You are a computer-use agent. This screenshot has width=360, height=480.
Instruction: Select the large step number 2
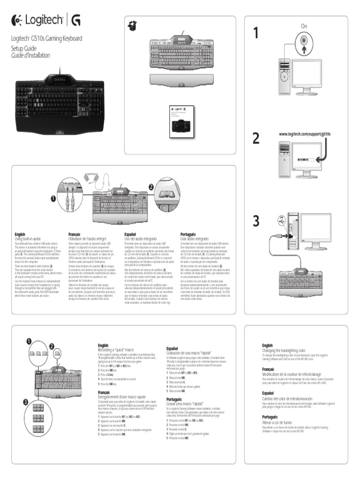[256, 138]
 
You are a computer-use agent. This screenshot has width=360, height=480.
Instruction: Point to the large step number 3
[256, 220]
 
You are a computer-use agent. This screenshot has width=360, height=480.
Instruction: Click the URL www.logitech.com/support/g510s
[305, 135]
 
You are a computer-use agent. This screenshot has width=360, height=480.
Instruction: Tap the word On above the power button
[304, 26]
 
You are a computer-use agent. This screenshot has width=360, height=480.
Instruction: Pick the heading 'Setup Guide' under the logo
[23, 49]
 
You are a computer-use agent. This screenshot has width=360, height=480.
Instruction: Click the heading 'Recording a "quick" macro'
[116, 350]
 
